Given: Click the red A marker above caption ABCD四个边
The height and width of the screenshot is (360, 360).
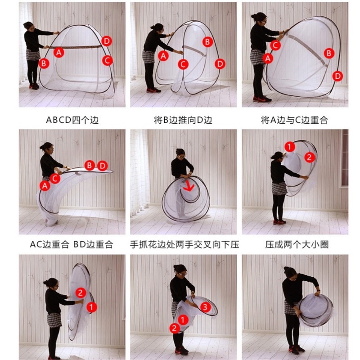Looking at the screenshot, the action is coord(59,53).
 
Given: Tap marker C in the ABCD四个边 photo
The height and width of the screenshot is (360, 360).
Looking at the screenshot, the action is coord(107,61).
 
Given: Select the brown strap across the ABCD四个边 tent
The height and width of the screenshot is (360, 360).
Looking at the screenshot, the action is coord(76,47).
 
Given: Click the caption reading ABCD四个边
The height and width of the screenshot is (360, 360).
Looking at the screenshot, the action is coord(72,120).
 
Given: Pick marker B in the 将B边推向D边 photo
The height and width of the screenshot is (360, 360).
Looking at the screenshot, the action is coord(207,42).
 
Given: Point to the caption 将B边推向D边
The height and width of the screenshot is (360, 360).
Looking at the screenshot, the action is coord(183,120).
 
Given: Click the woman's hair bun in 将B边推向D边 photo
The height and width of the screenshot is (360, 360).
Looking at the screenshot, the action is coord(152,27).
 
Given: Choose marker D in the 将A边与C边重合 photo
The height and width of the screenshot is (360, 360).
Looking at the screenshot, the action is coord(338,76).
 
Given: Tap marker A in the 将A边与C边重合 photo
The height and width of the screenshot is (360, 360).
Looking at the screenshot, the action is coord(268,58).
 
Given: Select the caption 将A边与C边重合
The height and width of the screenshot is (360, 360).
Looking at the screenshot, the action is coord(294,120).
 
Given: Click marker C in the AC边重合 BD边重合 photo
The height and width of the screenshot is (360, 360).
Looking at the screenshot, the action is coord(55,178).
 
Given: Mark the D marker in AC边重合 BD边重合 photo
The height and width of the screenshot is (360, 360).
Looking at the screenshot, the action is coord(103,166).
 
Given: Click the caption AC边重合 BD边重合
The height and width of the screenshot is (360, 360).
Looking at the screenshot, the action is coord(72,244).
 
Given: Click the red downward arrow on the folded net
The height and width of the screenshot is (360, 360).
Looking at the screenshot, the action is coord(189,186).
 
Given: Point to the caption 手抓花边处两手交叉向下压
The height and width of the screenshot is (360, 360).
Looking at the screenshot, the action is coord(184,244).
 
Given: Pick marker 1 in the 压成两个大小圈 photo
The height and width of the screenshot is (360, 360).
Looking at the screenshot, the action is coord(290,147).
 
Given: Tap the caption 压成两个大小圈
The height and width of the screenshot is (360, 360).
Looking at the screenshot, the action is coord(297,244).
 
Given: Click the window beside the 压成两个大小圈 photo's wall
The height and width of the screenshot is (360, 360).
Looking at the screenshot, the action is coord(344,158).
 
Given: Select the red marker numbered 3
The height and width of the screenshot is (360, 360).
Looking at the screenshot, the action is coord(205,307).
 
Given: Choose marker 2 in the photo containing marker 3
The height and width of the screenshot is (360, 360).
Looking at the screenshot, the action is coord(175,328).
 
